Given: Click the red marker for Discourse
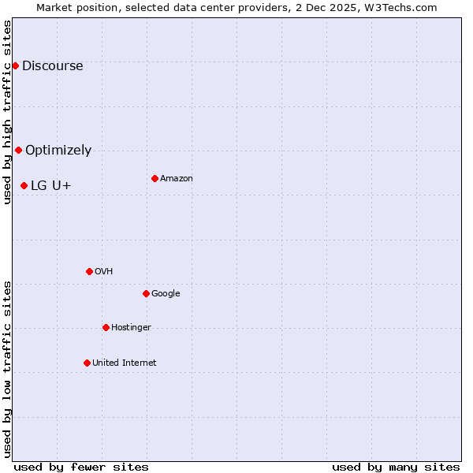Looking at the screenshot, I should pos(15,65).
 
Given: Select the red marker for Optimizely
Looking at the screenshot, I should pos(18,150).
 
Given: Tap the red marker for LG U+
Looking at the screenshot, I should pos(24,185).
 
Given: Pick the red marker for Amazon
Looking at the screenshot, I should pos(155,178).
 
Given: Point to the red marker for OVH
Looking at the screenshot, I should pos(89,271).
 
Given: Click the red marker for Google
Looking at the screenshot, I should pos(146,293).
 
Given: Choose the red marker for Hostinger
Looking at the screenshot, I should pos(106,327).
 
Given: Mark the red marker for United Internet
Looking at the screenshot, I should pos(87,363).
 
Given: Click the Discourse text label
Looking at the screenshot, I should pos(53,65).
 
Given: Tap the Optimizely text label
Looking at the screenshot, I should pos(58,150).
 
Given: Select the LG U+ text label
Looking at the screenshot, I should pos(51,185).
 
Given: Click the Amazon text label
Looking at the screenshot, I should pos(177,178).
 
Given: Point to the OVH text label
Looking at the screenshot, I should pos(104,271).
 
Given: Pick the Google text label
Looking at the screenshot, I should pos(166,293).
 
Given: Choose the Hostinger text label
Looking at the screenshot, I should pos(131,327).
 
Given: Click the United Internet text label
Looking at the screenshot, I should pos(125,363).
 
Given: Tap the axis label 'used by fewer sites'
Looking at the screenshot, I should pos(81,467).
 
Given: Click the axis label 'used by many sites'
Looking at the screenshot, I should pos(396,467).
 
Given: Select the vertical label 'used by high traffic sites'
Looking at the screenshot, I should pos(7,112).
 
